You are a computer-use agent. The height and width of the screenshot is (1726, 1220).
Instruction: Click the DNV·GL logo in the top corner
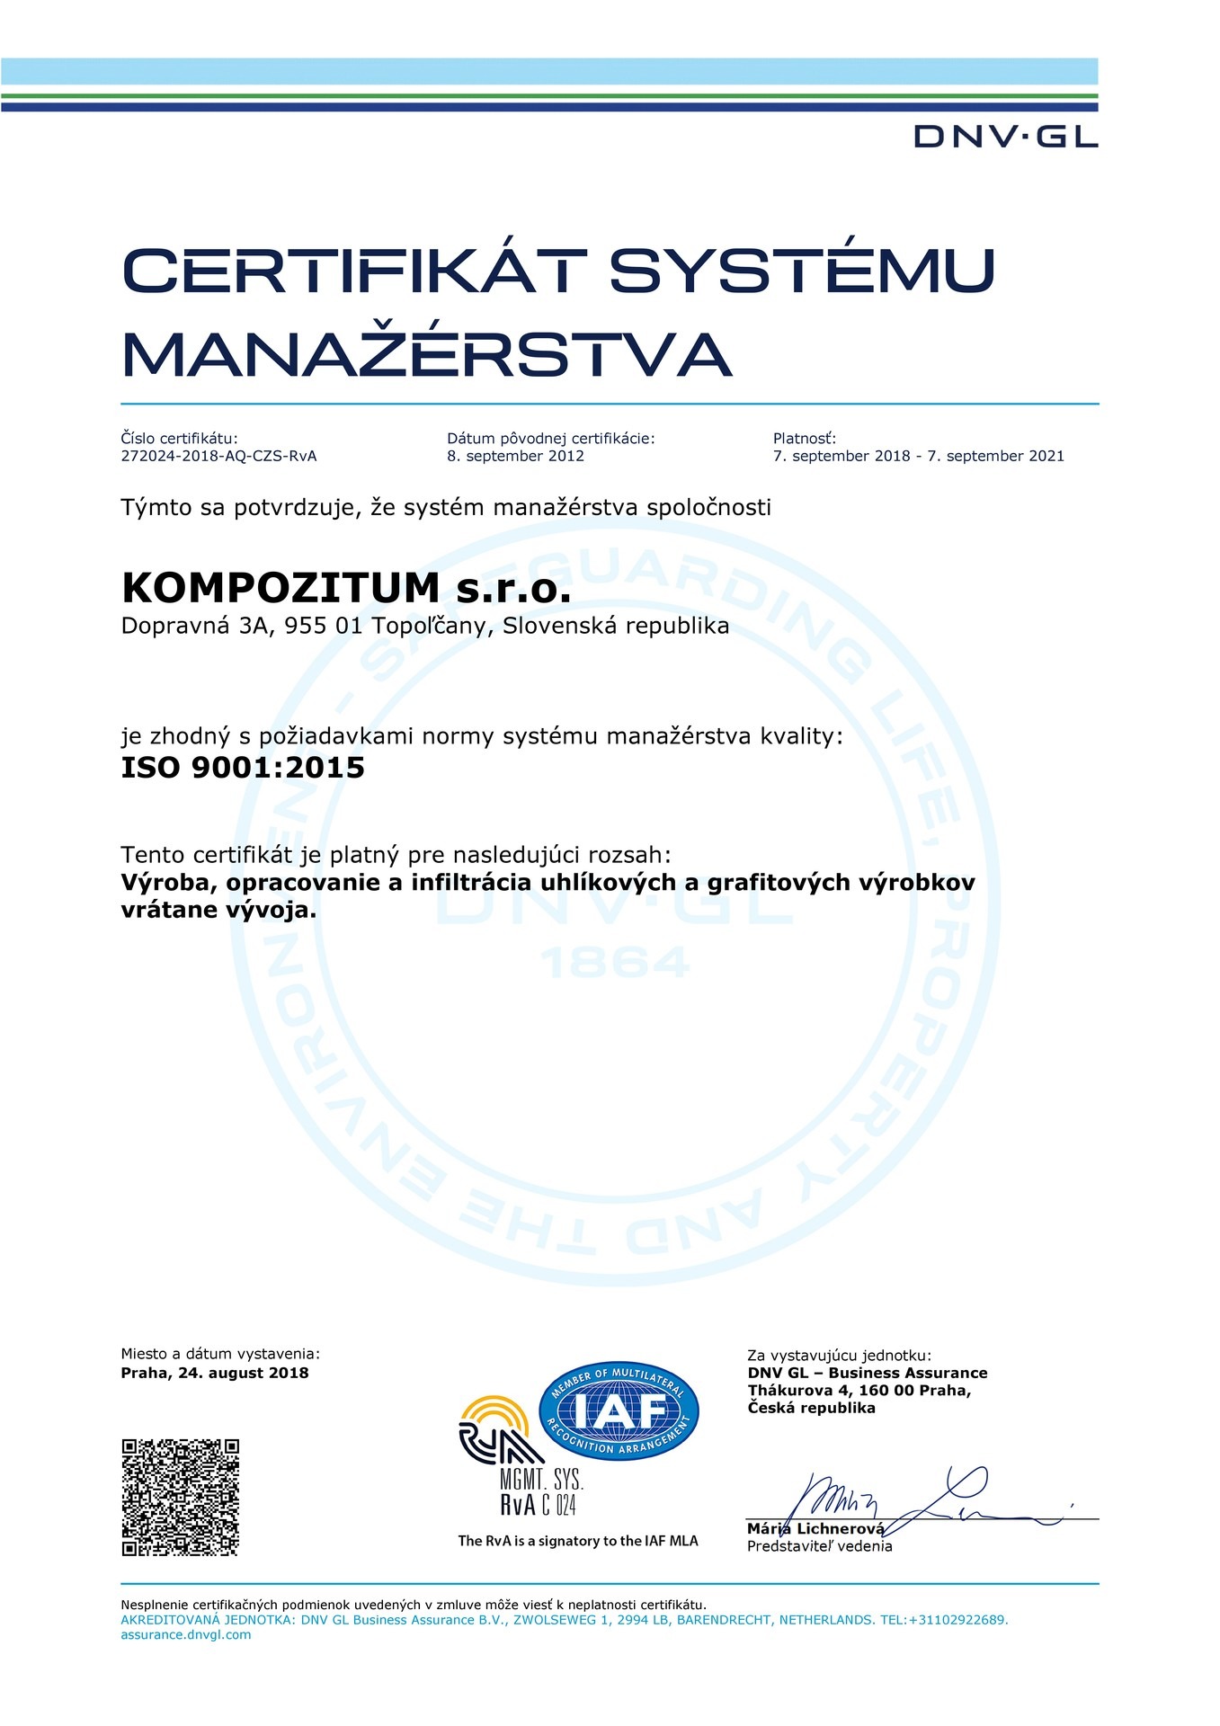(x=1005, y=137)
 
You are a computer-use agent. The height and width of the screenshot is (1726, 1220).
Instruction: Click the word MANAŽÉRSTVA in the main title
(x=426, y=354)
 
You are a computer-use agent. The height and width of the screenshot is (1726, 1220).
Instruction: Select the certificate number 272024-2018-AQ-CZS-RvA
(x=218, y=456)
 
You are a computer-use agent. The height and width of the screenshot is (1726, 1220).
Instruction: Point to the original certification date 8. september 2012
(x=515, y=456)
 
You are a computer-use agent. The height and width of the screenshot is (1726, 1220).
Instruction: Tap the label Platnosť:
(x=804, y=439)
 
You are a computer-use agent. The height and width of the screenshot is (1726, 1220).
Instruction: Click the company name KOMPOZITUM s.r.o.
(x=346, y=588)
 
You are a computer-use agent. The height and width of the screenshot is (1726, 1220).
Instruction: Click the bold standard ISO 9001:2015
(x=243, y=768)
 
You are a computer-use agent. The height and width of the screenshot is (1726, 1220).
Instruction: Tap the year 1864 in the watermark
(x=616, y=963)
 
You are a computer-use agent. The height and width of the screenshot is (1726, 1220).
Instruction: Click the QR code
(x=180, y=1497)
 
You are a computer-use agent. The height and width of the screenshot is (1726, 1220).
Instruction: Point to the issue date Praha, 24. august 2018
(x=215, y=1373)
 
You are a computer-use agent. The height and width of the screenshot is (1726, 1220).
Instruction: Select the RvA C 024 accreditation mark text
(x=538, y=1506)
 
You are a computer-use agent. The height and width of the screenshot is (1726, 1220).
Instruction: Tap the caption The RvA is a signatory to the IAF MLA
(x=577, y=1541)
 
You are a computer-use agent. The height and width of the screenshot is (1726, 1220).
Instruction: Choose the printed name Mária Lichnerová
(x=815, y=1529)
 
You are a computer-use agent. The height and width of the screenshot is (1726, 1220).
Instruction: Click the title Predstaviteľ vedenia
(x=819, y=1546)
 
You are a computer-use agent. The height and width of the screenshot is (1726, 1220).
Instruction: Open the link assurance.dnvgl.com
(x=186, y=1634)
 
